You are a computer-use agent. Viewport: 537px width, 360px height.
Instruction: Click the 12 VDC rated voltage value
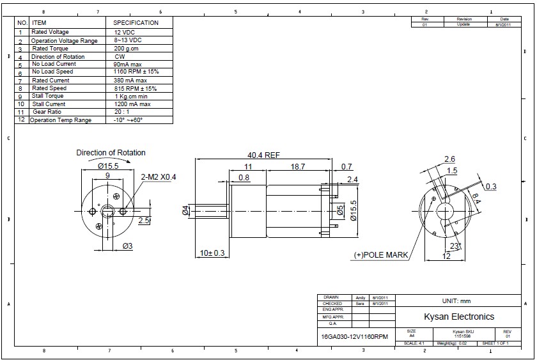[124, 32]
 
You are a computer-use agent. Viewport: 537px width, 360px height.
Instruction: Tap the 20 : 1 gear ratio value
[123, 111]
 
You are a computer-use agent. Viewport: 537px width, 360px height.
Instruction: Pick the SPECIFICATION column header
[136, 22]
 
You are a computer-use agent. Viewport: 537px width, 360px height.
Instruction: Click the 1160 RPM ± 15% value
[135, 72]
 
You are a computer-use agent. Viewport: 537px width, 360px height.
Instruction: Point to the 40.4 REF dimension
[263, 155]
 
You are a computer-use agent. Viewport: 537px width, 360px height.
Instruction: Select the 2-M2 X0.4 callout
[158, 176]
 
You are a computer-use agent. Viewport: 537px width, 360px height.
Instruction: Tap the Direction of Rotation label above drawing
[111, 153]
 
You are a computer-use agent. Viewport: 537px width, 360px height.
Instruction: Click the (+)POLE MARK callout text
[381, 255]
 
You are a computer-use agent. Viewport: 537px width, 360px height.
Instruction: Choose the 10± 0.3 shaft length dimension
[212, 254]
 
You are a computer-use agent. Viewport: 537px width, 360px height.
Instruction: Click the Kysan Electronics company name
[459, 317]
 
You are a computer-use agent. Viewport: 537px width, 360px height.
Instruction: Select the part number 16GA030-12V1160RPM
[354, 336]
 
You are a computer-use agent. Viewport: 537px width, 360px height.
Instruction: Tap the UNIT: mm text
[456, 301]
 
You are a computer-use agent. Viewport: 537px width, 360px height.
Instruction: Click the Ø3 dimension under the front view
[127, 246]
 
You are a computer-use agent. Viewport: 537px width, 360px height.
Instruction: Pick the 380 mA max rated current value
[130, 80]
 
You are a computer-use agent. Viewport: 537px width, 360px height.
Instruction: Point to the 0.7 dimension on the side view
[346, 166]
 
